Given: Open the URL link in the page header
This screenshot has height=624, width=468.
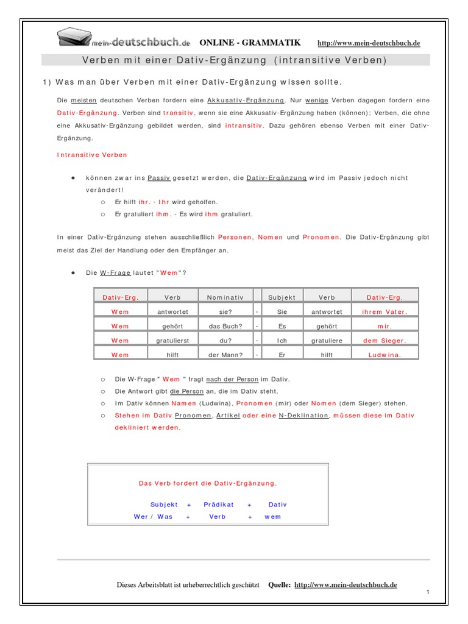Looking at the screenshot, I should (x=369, y=43).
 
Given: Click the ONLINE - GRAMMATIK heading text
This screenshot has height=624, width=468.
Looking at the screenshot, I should (x=250, y=43).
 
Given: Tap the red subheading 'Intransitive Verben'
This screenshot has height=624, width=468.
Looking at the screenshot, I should (x=92, y=155).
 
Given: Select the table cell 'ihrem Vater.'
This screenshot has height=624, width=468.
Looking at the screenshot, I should (x=385, y=311).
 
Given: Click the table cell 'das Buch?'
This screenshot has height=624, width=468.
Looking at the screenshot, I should (x=225, y=326).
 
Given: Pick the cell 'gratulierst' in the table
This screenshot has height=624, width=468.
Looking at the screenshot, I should (x=172, y=341).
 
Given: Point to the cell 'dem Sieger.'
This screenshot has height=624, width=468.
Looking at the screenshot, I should (x=385, y=341).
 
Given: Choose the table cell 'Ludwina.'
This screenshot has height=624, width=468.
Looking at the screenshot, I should (x=385, y=354).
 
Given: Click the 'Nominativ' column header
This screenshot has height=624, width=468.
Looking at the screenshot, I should (x=225, y=297).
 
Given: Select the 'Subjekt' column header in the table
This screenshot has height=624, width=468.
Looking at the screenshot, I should (x=282, y=297).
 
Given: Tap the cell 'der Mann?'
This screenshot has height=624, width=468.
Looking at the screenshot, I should (x=225, y=354).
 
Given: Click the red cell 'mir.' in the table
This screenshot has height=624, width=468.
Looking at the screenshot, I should (x=385, y=326).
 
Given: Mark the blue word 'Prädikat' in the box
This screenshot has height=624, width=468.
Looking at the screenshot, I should (x=219, y=505).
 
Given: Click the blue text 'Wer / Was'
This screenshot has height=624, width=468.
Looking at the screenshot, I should (x=153, y=517).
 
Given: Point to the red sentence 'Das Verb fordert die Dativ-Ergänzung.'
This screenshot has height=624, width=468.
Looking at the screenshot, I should (x=208, y=483).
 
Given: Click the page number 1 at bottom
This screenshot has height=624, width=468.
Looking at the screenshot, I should (x=428, y=592).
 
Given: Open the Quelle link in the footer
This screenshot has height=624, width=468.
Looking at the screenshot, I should (x=346, y=585).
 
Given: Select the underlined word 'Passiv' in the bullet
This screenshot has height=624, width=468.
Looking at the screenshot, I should (x=158, y=178).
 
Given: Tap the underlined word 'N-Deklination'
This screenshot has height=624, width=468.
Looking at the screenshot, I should (x=303, y=416).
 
